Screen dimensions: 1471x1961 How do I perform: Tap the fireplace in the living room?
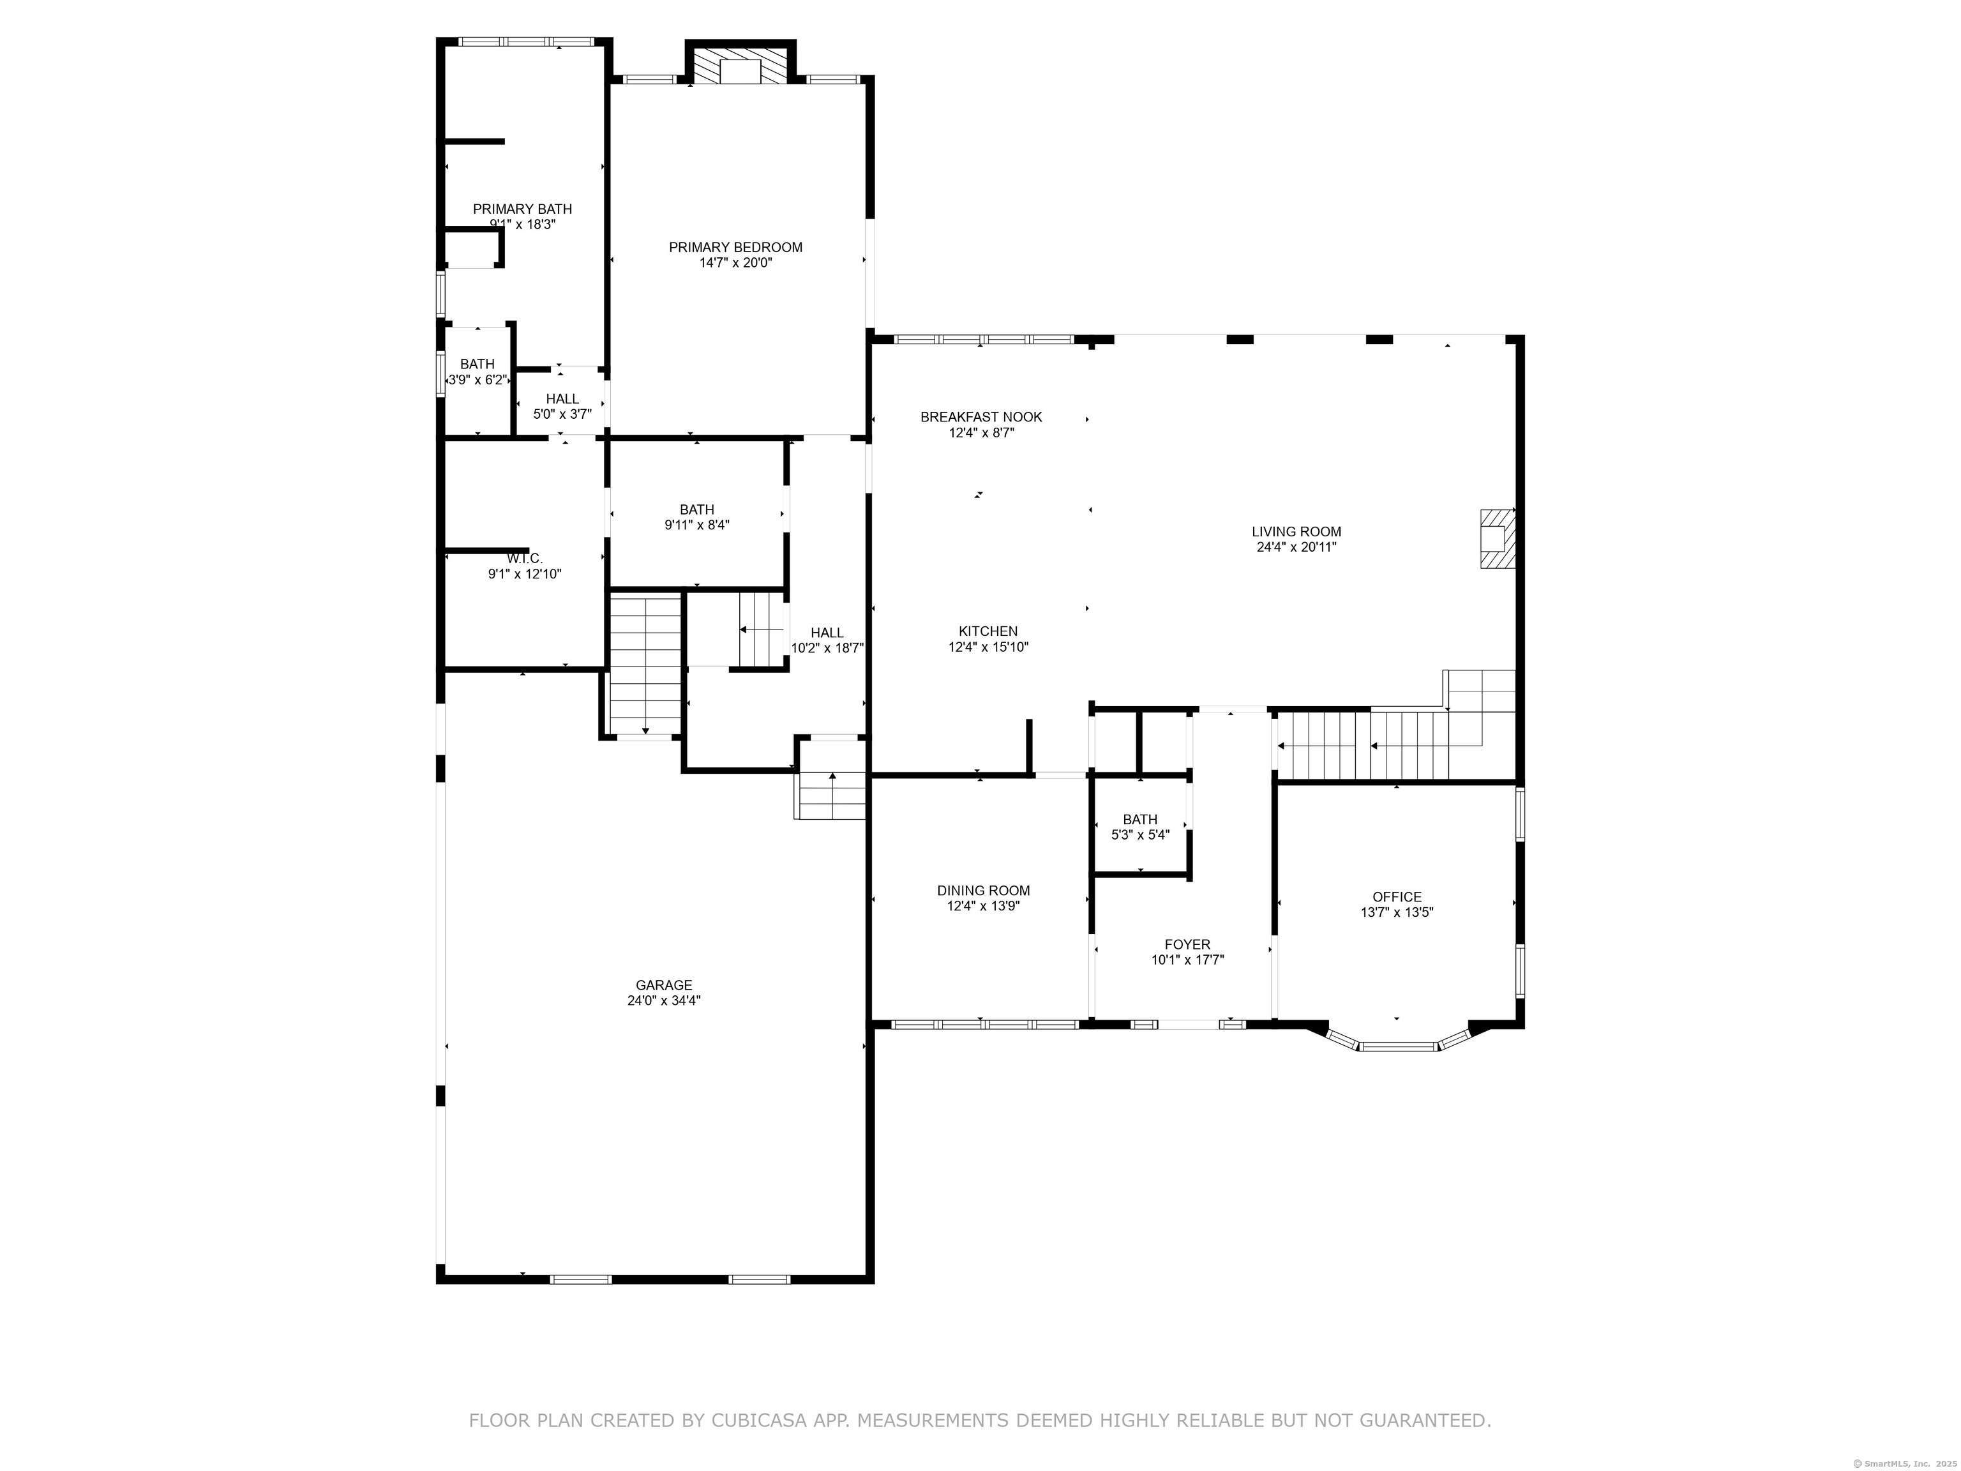pyautogui.click(x=1496, y=538)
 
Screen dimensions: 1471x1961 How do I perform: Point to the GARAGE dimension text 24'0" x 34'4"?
pyautogui.click(x=664, y=1000)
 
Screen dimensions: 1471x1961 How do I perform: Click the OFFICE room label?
pyautogui.click(x=1396, y=896)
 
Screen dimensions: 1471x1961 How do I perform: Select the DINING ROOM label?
pyautogui.click(x=983, y=890)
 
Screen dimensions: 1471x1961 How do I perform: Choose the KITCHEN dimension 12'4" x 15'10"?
pyautogui.click(x=988, y=647)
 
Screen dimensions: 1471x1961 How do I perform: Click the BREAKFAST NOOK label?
pyautogui.click(x=980, y=417)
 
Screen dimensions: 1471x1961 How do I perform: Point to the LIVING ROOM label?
pyautogui.click(x=1295, y=531)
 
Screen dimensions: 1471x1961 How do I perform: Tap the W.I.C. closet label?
pyautogui.click(x=524, y=559)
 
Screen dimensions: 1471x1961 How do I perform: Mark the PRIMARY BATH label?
pyautogui.click(x=522, y=209)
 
